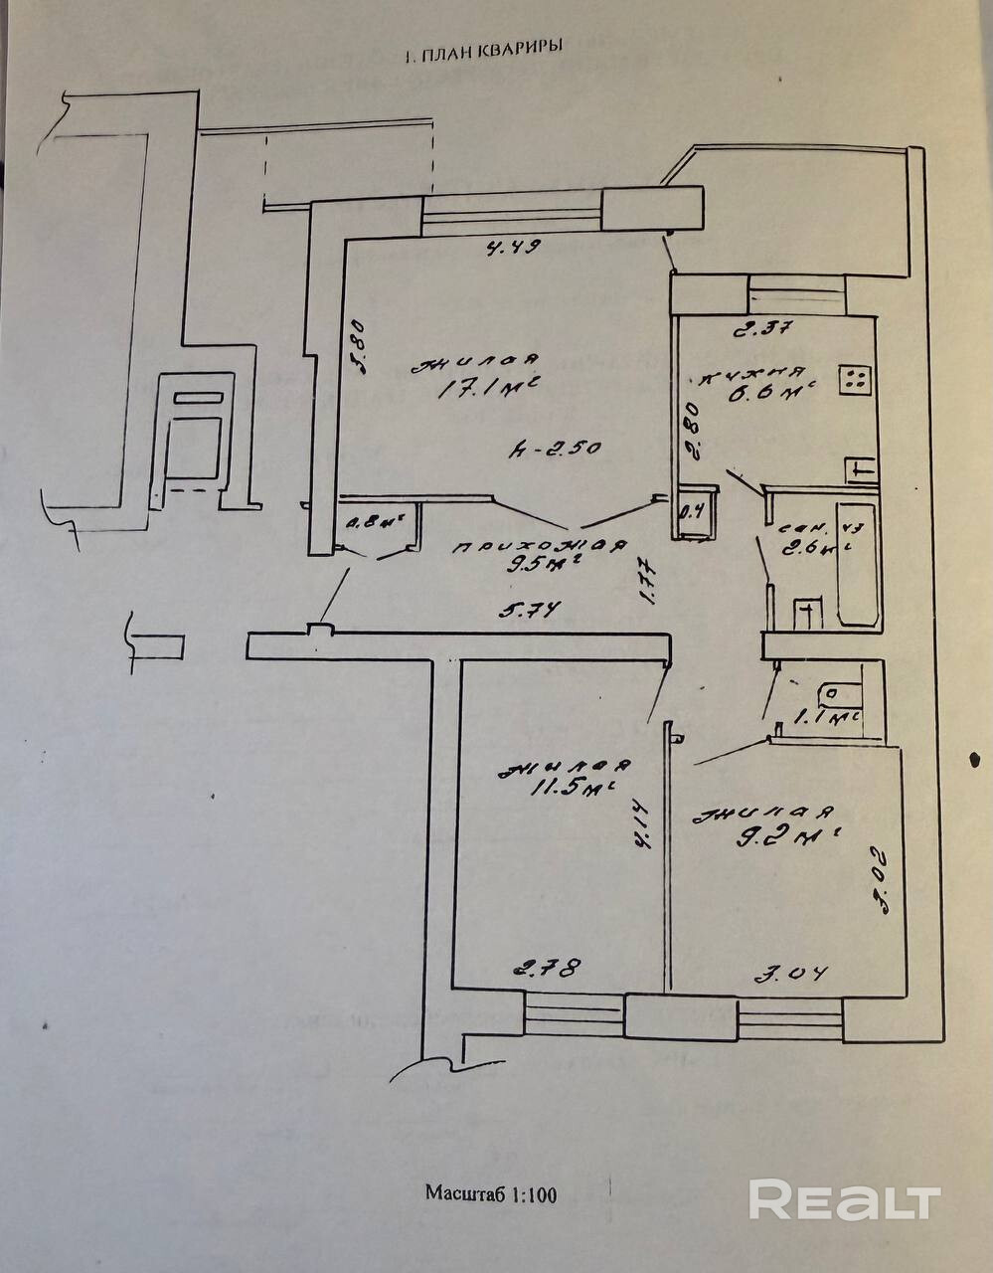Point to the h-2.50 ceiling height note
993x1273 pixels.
pyautogui.click(x=554, y=449)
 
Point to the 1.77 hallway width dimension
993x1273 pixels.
pyautogui.click(x=645, y=582)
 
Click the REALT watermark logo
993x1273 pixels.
pyautogui.click(x=844, y=1200)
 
